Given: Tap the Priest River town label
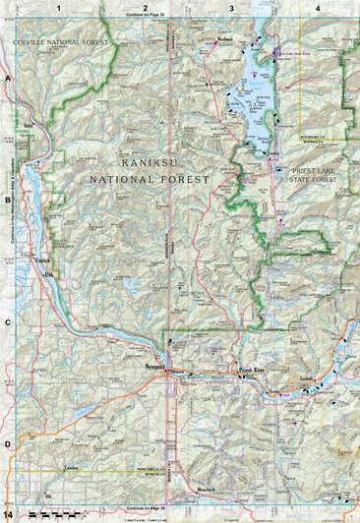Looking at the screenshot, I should pos(252,370).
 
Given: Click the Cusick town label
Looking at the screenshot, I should pos(41,260).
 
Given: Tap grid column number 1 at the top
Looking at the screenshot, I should pos(59,8).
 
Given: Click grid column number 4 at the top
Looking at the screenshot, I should pos(318,8).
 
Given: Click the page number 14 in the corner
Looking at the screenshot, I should pos(8,514).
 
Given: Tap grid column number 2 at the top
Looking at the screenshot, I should pos(146,8).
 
